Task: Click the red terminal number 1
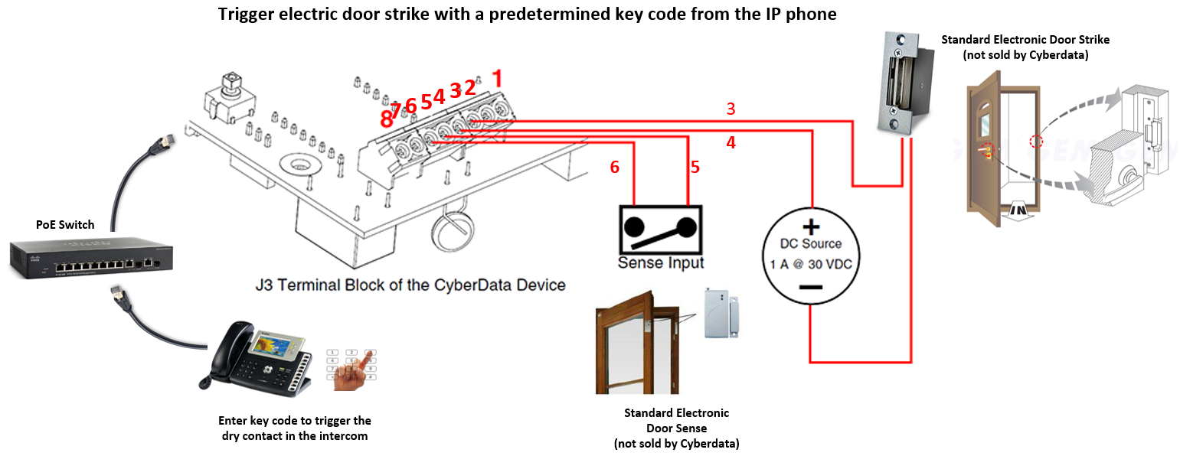tap(498, 78)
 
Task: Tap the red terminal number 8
tap(386, 119)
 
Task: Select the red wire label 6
tap(614, 168)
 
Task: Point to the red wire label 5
tap(695, 168)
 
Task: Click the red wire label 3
tap(731, 109)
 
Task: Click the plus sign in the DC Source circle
tap(811, 227)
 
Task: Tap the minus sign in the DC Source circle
tap(811, 287)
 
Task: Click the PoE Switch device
tap(90, 259)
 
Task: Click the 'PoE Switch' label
tap(65, 225)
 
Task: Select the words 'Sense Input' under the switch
tap(661, 263)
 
